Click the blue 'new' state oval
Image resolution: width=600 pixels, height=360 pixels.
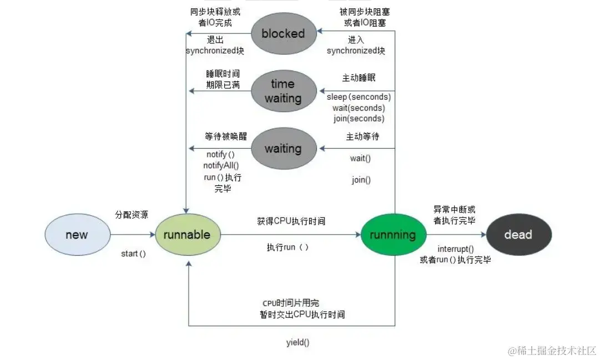tap(77, 234)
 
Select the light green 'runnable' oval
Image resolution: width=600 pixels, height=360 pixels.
tap(188, 234)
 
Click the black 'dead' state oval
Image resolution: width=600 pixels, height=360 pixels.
tap(518, 234)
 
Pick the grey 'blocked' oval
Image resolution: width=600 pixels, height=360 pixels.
tap(283, 33)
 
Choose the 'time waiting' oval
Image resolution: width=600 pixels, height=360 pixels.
tap(283, 91)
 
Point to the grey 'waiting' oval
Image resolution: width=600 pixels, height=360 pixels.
tap(283, 149)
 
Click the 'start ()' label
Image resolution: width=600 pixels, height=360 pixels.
tap(133, 253)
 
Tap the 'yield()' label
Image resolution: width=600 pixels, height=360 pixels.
tap(298, 342)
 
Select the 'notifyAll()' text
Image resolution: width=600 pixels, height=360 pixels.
tap(221, 165)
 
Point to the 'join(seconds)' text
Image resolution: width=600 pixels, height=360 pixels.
tap(359, 118)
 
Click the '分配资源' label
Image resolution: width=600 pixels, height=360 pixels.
tap(132, 214)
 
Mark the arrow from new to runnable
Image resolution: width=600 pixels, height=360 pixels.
tap(132, 235)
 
